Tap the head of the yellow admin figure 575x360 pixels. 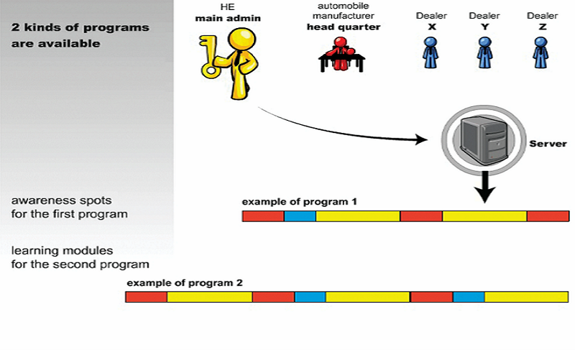[x=241, y=39]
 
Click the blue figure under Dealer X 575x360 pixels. [x=430, y=52]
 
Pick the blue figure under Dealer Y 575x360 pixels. [x=484, y=52]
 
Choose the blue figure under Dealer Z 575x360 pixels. [x=541, y=52]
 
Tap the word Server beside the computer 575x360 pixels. [x=548, y=144]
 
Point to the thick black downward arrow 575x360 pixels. [x=484, y=187]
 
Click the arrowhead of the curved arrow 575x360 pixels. [x=421, y=139]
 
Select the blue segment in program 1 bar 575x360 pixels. [x=300, y=216]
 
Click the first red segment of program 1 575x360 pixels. [x=263, y=216]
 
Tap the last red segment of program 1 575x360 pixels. [x=548, y=216]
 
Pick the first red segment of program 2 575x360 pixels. [x=147, y=297]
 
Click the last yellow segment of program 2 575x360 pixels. [x=527, y=297]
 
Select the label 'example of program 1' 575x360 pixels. [x=299, y=202]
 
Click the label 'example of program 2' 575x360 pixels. [x=185, y=283]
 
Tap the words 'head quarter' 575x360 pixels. [x=344, y=27]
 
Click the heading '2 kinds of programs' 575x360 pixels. [x=80, y=27]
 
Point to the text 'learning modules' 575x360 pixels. [x=62, y=251]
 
